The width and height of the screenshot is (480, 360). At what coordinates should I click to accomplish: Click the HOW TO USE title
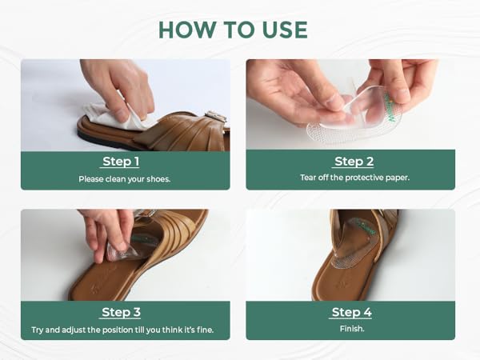(233, 29)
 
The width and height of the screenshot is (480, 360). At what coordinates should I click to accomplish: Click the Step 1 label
(125, 162)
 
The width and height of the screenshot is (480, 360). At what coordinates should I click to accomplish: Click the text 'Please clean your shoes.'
(125, 178)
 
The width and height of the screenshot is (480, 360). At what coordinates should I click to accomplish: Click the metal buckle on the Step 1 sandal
(215, 117)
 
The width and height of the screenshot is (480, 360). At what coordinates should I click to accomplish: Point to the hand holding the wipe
(120, 84)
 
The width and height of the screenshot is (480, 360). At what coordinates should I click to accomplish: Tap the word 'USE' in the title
(280, 29)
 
